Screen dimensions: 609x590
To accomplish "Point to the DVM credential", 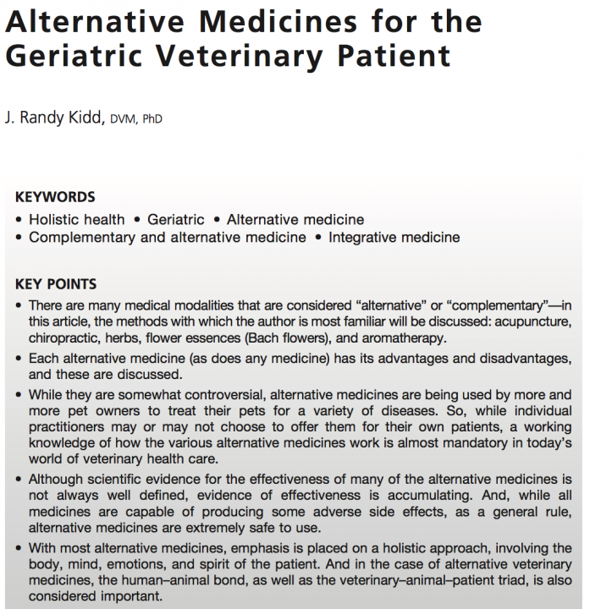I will coord(120,119).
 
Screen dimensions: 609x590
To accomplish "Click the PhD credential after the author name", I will coord(152,119).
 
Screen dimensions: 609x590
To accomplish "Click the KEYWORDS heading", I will coord(55,197).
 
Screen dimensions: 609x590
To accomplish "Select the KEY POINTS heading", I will coord(56,283).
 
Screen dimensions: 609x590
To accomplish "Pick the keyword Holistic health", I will coord(77,219).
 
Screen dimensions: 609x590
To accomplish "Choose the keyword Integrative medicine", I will coord(394,237).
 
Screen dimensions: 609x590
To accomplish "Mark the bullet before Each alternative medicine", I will coord(20,359).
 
